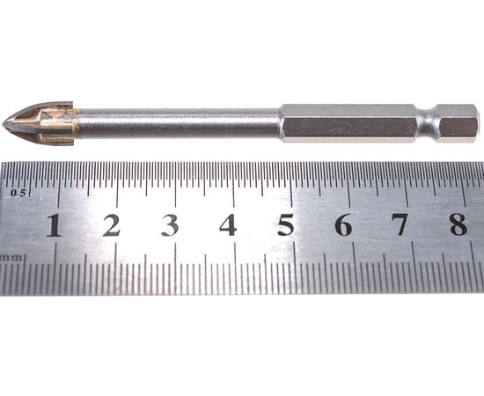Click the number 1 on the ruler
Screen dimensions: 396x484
coord(54,225)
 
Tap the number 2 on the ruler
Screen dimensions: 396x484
coord(111,225)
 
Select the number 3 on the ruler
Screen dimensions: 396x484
coord(170,225)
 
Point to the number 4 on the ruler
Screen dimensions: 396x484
coord(228,225)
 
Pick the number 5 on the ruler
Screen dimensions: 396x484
coord(286,225)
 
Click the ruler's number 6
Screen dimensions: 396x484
coord(343,225)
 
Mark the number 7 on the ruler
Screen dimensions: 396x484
coord(400,225)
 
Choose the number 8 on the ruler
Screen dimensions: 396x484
coord(458,225)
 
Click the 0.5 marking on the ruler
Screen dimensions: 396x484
coord(18,191)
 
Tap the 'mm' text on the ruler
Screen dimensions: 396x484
coord(11,259)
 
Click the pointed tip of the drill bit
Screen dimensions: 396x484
coord(4,125)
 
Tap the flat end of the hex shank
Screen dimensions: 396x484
coord(476,122)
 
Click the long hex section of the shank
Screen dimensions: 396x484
coord(348,122)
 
